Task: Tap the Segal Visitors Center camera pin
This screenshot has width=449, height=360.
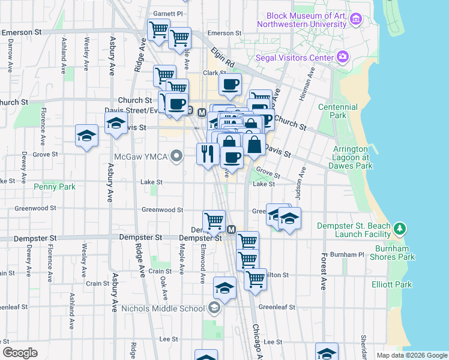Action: pos(343,58)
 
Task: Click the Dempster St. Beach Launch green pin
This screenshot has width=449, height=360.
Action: pos(399,229)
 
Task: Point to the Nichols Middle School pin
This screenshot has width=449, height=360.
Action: pos(213,308)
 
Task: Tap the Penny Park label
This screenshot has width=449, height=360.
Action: pos(58,187)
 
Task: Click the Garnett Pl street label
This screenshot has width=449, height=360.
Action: pos(167,13)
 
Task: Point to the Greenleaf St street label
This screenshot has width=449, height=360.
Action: pos(277,307)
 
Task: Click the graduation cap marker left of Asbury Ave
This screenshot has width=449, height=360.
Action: pos(87,135)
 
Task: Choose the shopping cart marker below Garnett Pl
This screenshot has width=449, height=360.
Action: pos(158,29)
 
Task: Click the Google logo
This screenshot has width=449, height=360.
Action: pos(20,353)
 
